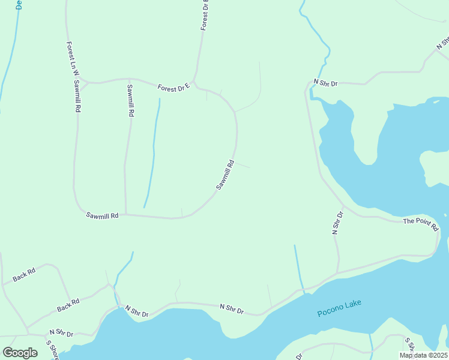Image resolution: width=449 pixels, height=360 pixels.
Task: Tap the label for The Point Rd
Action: pos(421,224)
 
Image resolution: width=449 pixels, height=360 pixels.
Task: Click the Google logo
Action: pos(20,352)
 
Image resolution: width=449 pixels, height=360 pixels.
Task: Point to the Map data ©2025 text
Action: pos(423,355)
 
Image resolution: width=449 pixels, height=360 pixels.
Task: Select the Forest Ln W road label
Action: pos(70,59)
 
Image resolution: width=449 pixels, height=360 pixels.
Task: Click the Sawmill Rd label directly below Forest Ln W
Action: pos(77,97)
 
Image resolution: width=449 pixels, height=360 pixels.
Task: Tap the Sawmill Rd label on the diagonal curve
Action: pos(224,175)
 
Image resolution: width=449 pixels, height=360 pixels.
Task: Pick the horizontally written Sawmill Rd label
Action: pos(102,215)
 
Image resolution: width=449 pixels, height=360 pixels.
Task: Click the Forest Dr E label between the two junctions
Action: pos(173,88)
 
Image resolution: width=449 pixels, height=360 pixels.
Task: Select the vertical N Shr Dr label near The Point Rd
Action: pos(337,222)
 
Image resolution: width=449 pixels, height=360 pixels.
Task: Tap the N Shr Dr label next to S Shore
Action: pos(61,332)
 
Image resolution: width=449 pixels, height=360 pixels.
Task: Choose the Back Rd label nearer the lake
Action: pos(68,306)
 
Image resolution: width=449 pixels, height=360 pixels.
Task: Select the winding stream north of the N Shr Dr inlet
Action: pos(316,36)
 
